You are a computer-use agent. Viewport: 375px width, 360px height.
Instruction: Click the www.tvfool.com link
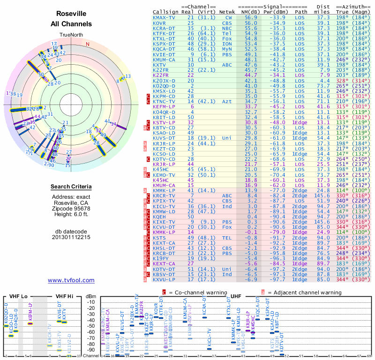(x=71, y=280)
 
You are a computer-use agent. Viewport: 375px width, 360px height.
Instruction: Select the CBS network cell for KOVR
(x=226, y=23)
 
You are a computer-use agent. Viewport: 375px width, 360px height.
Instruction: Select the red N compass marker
(x=87, y=45)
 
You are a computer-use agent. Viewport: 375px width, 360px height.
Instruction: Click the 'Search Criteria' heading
(x=71, y=187)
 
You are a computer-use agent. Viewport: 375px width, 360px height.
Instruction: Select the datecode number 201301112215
(x=71, y=237)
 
